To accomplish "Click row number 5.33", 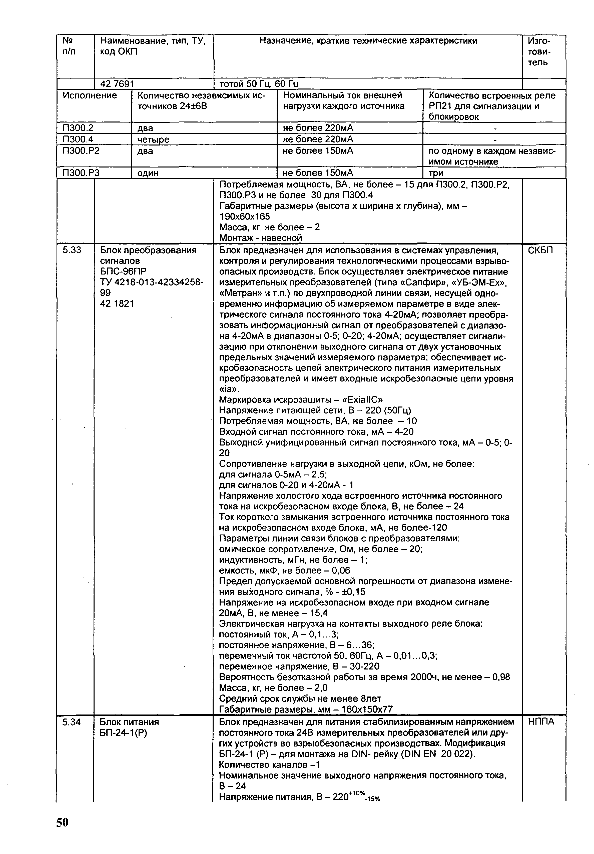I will pos(72,250).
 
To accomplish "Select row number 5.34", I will pos(72,722).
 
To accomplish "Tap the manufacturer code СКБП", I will pos(540,250).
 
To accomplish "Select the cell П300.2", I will pos(78,128).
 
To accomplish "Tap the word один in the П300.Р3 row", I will pos(148,173).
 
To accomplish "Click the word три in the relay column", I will pos(436,173).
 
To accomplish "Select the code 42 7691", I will pos(117,84).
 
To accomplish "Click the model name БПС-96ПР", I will pos(123,271).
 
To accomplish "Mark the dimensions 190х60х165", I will pos(245,217).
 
